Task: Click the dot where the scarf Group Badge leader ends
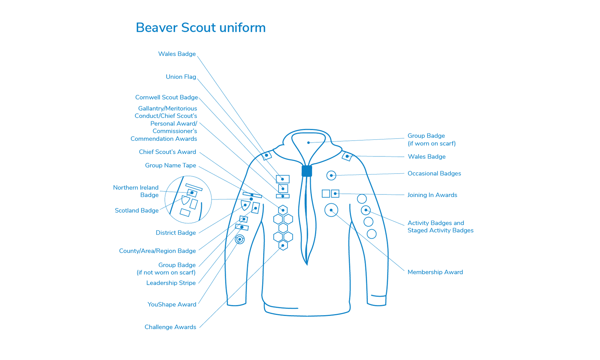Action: [308, 143]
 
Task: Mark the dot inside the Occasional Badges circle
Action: [331, 175]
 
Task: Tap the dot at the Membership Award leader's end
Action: [331, 210]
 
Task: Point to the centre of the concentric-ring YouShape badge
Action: [240, 239]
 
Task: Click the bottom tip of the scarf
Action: [307, 265]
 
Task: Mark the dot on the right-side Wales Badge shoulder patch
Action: [347, 156]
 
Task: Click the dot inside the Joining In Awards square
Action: [335, 194]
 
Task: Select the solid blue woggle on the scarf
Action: [307, 171]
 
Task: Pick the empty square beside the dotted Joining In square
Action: [326, 194]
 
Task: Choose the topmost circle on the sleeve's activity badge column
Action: [362, 199]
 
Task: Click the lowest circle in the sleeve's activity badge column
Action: [371, 234]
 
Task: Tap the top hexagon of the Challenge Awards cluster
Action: [283, 210]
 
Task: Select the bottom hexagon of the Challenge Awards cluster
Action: [283, 246]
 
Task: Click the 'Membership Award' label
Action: [435, 272]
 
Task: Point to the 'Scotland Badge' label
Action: [137, 211]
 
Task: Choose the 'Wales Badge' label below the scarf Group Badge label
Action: [427, 157]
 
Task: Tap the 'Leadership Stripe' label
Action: [171, 283]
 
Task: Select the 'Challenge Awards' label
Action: [170, 327]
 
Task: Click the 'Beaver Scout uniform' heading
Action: [201, 28]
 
